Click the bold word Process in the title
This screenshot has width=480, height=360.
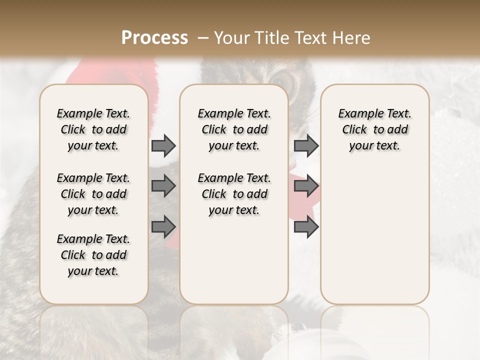point(154,38)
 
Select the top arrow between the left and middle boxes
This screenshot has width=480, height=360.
point(163,145)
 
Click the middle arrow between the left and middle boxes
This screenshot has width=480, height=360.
point(163,186)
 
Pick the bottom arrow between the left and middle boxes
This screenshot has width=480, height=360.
point(163,227)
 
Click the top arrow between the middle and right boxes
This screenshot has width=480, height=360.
point(306,145)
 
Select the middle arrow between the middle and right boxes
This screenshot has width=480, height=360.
point(306,186)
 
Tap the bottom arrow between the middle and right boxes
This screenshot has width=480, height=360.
point(306,227)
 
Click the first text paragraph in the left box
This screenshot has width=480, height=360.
point(93,129)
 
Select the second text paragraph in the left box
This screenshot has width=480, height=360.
point(93,194)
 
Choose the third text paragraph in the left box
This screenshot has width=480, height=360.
point(93,255)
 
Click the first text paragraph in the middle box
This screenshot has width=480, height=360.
point(234,129)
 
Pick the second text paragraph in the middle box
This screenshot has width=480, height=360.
point(234,194)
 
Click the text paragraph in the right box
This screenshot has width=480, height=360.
point(374,129)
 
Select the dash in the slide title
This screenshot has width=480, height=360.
point(203,38)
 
